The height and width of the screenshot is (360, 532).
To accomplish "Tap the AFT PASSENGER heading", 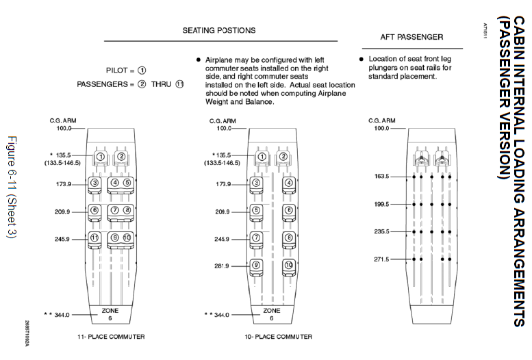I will click(x=411, y=36).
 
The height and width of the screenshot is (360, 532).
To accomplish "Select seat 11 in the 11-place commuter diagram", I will click(x=94, y=237).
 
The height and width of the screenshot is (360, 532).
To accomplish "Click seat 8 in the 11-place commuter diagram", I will click(x=127, y=210).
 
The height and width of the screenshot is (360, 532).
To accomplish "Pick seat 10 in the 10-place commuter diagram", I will click(x=289, y=265).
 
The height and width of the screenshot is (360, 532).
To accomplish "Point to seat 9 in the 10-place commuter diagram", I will click(x=256, y=265).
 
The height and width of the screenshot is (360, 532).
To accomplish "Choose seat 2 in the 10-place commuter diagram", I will click(x=283, y=156).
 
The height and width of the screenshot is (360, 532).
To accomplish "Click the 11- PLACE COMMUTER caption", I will click(x=111, y=337).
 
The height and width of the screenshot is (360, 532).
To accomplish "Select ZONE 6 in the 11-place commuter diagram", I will click(x=110, y=314).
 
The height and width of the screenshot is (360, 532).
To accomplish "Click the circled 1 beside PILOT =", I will click(x=142, y=70).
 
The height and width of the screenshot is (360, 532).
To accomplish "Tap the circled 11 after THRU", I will click(x=179, y=84).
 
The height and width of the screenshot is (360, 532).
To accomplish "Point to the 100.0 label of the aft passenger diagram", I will click(x=381, y=128).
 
